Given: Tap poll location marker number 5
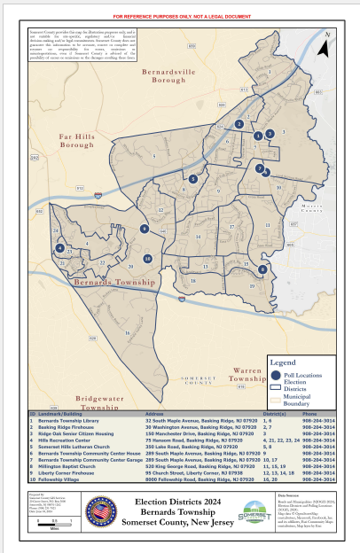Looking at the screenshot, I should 193,179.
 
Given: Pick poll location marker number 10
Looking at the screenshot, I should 147,259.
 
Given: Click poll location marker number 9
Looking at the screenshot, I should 262,269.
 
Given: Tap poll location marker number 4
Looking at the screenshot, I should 59,249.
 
